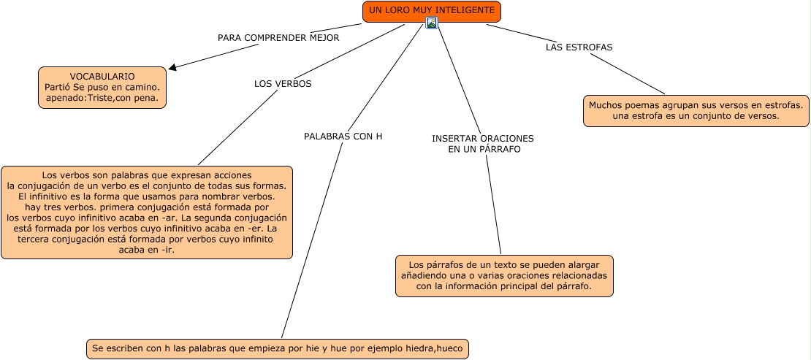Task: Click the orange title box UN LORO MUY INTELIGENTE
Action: pyautogui.click(x=431, y=12)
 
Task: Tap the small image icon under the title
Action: pyautogui.click(x=431, y=23)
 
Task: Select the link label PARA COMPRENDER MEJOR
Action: pyautogui.click(x=278, y=38)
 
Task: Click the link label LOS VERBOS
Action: pyautogui.click(x=283, y=84)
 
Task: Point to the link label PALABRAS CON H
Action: pyautogui.click(x=343, y=137)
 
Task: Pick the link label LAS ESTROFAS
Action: pyautogui.click(x=579, y=47)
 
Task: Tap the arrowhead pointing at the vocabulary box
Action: pyautogui.click(x=172, y=66)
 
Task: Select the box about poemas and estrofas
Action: pyautogui.click(x=696, y=111)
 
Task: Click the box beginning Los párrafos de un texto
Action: pyautogui.click(x=504, y=276)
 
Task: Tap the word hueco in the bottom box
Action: pyautogui.click(x=450, y=348)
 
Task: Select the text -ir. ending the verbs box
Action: pyautogui.click(x=167, y=250)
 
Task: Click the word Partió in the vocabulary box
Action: pyautogui.click(x=58, y=88)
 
